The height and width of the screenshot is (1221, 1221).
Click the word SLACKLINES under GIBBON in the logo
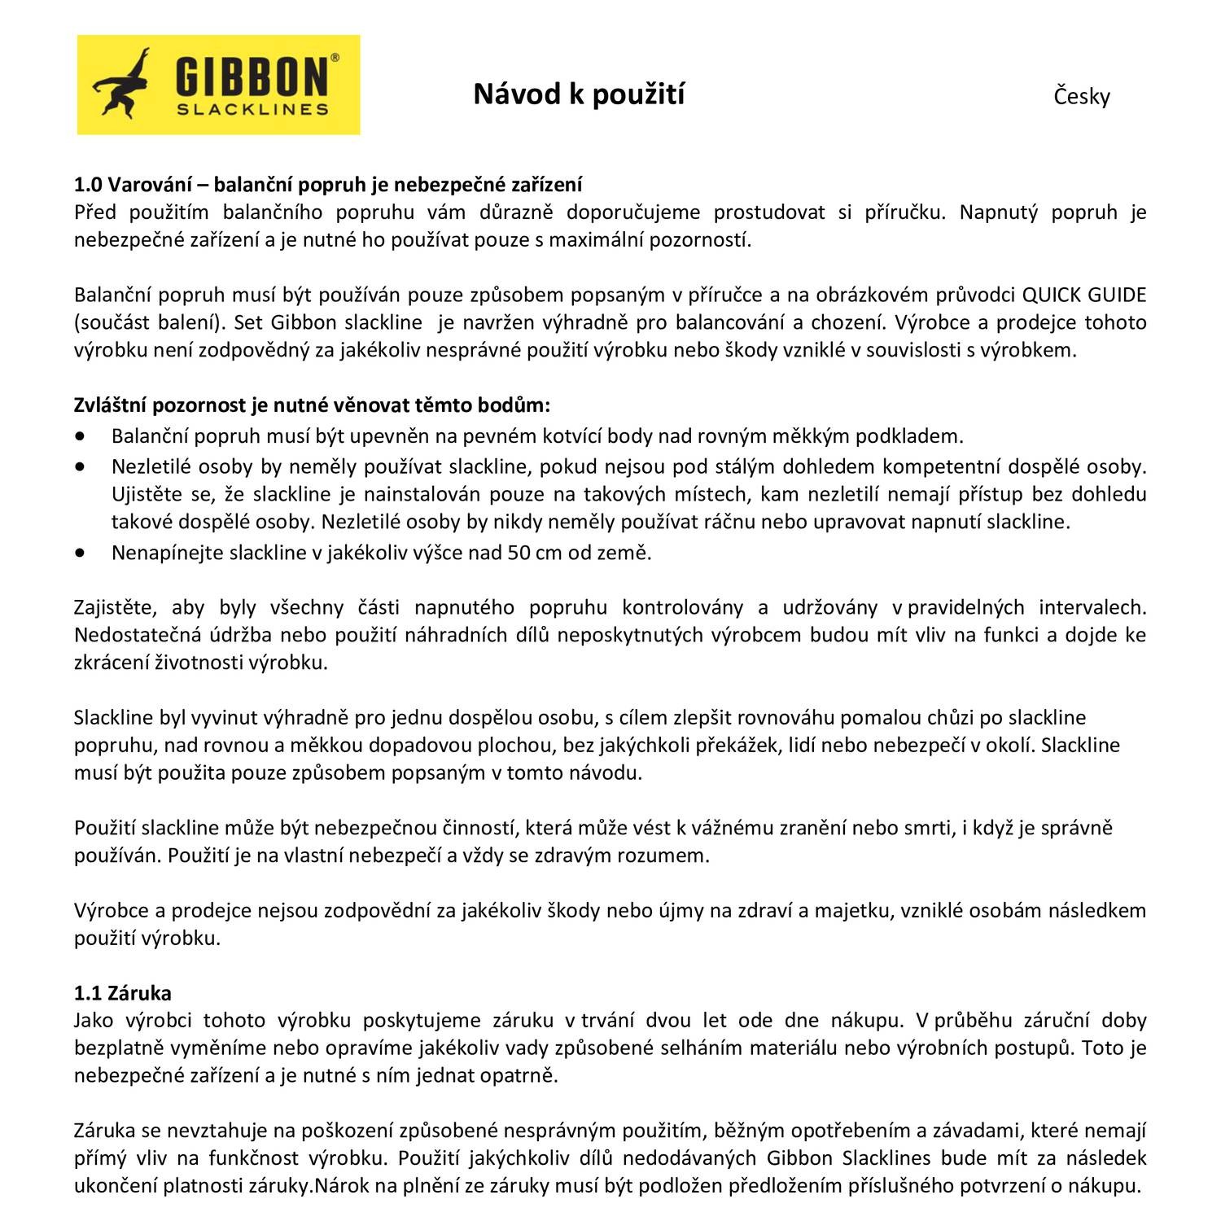pyautogui.click(x=253, y=108)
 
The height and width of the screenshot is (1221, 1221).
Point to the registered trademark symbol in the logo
pyautogui.click(x=335, y=59)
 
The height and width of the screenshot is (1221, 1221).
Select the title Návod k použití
pyautogui.click(x=579, y=94)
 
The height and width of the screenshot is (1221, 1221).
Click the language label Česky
pyautogui.click(x=1082, y=97)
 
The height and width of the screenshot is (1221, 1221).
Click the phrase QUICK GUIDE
pyautogui.click(x=1083, y=295)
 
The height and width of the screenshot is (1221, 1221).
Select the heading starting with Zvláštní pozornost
pyautogui.click(x=313, y=405)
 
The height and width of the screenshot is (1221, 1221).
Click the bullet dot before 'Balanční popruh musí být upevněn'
pyautogui.click(x=79, y=436)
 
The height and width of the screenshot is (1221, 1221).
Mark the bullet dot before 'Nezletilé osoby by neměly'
pyautogui.click(x=79, y=467)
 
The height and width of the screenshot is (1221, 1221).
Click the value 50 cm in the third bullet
pyautogui.click(x=532, y=554)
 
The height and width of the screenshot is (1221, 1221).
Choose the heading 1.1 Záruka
pyautogui.click(x=123, y=993)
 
